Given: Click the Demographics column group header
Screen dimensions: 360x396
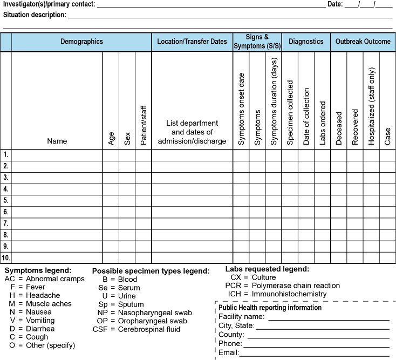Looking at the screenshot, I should point(81,42).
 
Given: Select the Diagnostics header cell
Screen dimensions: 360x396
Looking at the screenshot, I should point(306,42).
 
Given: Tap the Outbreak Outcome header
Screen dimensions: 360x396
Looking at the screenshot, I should point(363,42).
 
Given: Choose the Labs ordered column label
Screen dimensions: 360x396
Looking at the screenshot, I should point(323,123).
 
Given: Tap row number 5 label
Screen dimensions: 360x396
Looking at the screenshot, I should point(6,201).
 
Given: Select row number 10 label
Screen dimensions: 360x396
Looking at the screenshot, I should point(6,257).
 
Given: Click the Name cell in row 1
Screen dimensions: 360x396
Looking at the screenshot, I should point(57,155).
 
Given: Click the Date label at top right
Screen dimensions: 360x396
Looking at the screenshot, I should point(334,4).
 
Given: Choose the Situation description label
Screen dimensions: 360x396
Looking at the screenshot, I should point(35,15).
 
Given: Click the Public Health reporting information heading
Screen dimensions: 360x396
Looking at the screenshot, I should point(270,308).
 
